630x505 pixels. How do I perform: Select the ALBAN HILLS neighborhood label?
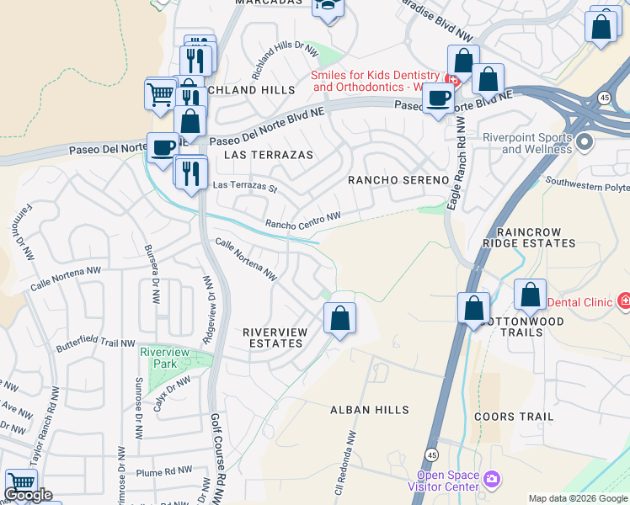point(369,410)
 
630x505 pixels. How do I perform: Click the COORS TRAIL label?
point(514,417)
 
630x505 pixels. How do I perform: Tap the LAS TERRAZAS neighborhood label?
point(269,155)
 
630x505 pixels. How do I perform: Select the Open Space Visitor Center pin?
point(492,480)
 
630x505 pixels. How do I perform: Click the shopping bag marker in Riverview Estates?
point(340,318)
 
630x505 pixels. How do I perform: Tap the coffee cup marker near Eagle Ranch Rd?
point(438,98)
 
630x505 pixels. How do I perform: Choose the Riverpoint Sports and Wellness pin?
point(587,143)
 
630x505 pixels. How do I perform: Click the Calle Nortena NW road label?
point(246,259)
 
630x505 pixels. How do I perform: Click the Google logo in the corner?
point(29,495)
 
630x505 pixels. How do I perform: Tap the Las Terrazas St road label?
point(245,184)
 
